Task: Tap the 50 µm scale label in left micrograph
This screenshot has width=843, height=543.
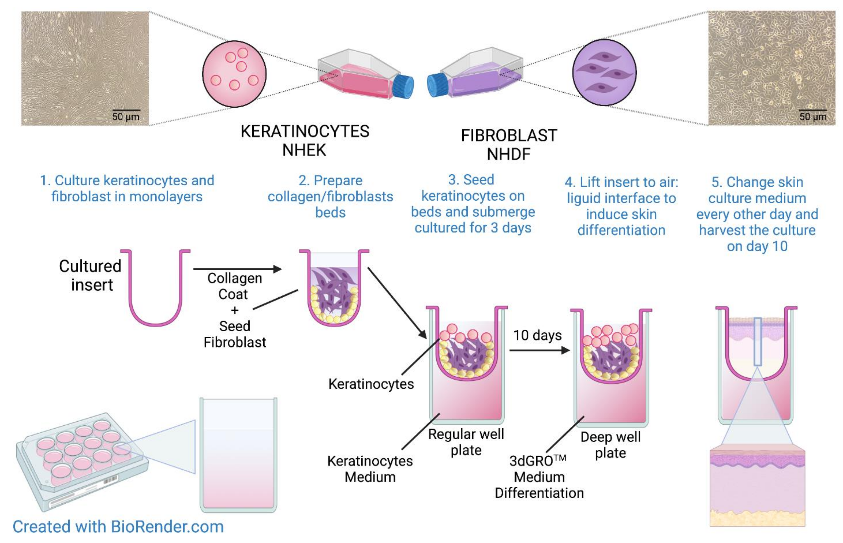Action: coord(126,116)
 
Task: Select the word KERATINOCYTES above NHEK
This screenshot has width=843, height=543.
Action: coord(305,132)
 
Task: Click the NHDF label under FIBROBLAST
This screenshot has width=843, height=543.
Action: coord(508,154)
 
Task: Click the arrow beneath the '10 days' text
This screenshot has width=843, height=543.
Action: coord(539,350)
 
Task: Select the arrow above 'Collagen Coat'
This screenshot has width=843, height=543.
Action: coord(237,269)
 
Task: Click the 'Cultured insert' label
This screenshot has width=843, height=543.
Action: coord(91,275)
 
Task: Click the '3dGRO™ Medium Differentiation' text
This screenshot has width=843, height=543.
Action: coord(539,477)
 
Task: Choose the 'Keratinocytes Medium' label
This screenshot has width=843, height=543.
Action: coord(370,469)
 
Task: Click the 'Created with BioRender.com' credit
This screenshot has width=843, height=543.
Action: coord(118,527)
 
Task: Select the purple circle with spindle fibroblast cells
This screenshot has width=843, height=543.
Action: coord(604,72)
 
